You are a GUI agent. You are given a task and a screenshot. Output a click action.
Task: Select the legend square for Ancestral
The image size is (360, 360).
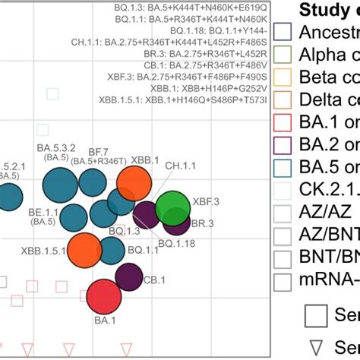pyautogui.click(x=282, y=32)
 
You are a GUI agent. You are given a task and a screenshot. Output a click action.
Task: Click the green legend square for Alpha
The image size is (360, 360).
pyautogui.click(x=282, y=55)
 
